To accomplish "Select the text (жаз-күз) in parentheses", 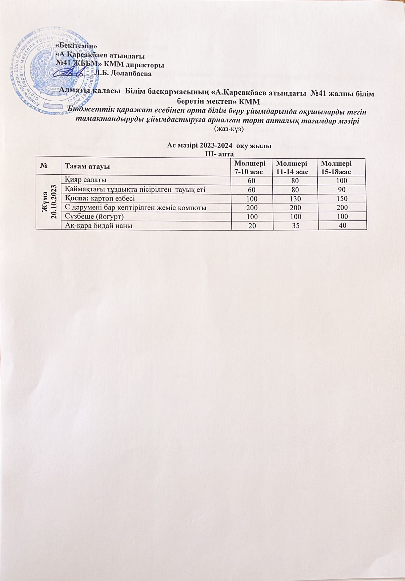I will coord(229,129).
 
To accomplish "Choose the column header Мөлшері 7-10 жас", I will coord(249,166).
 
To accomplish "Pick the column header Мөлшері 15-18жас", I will coord(334,166).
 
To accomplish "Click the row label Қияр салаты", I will coord(85,180).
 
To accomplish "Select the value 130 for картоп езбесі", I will coord(296,199).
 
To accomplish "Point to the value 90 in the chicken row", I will coord(342,190).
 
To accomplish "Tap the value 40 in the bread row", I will coord(342,226).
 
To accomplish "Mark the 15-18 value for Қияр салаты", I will coord(341,180).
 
